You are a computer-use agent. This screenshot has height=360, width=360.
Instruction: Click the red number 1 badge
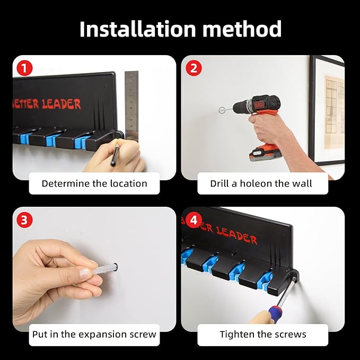click(24, 68)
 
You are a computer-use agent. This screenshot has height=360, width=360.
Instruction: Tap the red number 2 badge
click(194, 68)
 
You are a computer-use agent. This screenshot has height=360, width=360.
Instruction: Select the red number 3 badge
click(24, 220)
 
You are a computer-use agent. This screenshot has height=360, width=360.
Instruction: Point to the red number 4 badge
click(194, 220)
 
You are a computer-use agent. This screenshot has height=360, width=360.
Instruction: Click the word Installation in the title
click(137, 29)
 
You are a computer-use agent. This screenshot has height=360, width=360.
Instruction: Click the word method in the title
click(242, 29)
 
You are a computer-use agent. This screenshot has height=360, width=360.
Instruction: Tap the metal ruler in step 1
click(131, 106)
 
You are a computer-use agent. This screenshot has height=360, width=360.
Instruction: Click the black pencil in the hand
click(115, 154)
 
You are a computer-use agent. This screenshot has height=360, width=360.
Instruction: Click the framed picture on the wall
click(327, 110)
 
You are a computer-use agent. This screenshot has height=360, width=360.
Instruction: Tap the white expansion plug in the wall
click(105, 269)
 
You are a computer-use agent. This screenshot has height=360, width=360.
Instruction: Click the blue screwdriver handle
click(276, 312)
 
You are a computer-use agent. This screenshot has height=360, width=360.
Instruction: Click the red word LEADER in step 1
click(62, 104)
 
